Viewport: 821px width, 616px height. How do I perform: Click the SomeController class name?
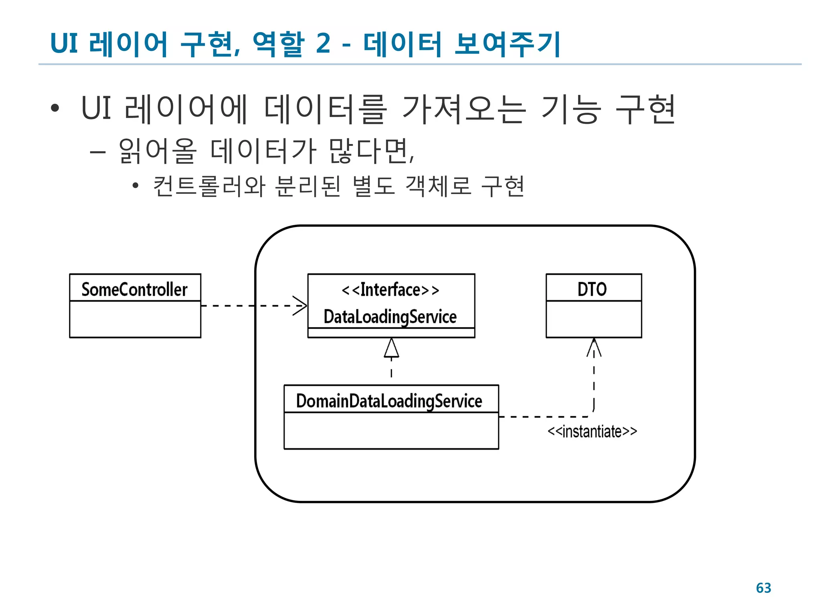click(x=134, y=289)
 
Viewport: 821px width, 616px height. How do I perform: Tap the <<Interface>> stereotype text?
click(x=390, y=290)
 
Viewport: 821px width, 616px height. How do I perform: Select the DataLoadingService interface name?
click(x=390, y=317)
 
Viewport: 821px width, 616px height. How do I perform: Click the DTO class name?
click(x=592, y=289)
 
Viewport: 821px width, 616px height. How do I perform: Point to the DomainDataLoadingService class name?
click(x=389, y=401)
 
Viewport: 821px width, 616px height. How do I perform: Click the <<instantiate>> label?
click(x=592, y=432)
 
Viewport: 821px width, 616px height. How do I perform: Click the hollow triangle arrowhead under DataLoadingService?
click(x=391, y=348)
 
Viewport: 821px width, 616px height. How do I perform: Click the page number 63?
click(x=763, y=588)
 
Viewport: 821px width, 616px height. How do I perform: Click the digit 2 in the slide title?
click(x=323, y=43)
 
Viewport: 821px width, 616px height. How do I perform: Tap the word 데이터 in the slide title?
click(x=402, y=43)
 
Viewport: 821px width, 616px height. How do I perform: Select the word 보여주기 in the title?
click(x=507, y=43)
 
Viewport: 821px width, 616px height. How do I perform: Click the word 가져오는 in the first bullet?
click(x=464, y=109)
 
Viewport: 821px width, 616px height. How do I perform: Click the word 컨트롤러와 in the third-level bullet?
click(x=209, y=186)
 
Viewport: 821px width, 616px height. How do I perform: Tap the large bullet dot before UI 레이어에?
click(x=55, y=108)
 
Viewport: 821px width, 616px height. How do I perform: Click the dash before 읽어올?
click(x=98, y=152)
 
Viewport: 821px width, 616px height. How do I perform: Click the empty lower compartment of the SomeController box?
click(x=135, y=319)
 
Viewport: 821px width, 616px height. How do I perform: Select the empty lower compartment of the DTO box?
click(x=594, y=319)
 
